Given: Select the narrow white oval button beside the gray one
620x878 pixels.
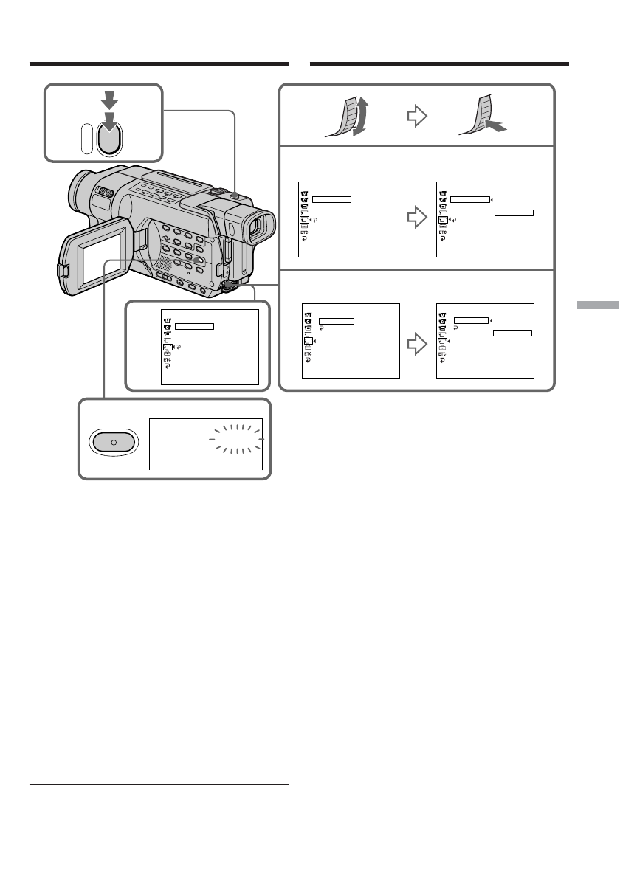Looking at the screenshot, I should [x=87, y=138].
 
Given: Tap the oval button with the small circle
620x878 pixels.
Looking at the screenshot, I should [x=114, y=440].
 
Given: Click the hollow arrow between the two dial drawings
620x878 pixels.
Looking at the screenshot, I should [x=417, y=117].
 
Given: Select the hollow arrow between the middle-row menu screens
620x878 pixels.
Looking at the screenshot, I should [x=417, y=218].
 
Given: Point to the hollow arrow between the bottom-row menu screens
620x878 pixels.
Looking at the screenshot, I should [x=417, y=344].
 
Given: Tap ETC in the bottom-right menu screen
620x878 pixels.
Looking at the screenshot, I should [x=442, y=353].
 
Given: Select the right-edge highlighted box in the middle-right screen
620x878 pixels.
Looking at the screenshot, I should [x=514, y=212].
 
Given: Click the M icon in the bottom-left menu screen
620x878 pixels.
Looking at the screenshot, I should [x=309, y=314].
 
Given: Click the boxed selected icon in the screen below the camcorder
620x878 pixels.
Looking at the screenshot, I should [x=168, y=345].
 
